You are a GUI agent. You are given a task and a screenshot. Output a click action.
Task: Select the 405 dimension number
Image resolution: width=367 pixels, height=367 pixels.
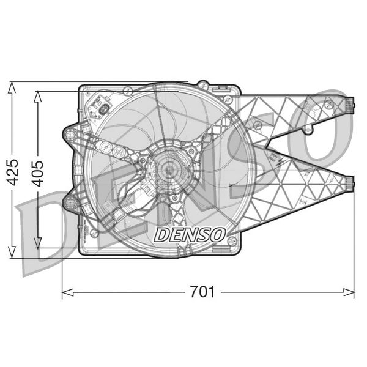38,172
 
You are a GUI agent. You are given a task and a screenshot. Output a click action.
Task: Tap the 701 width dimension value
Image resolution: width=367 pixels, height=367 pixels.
202,292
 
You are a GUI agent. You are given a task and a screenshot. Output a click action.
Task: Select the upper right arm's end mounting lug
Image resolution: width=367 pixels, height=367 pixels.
349,105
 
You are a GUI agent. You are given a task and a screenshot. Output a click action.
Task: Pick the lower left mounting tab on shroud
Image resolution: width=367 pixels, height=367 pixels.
70,202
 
